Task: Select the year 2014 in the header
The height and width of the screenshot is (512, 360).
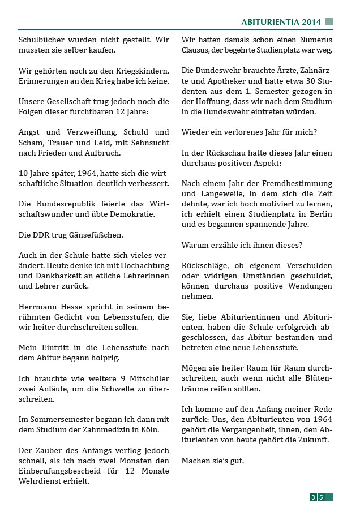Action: [311, 22]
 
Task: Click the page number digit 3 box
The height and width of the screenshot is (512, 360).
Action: [313, 497]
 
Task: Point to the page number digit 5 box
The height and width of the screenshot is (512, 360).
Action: [321, 497]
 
